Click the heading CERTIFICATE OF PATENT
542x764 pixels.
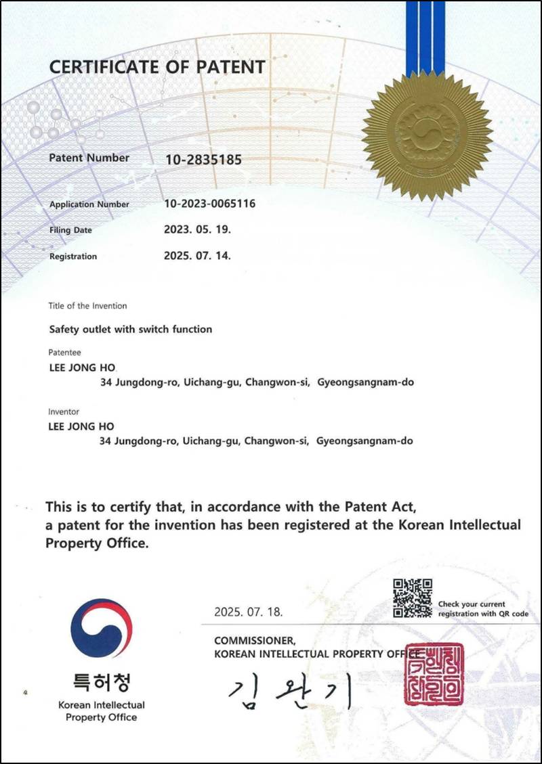point(157,67)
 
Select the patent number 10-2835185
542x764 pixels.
point(203,160)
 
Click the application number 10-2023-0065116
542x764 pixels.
point(210,204)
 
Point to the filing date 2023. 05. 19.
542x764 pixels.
point(198,229)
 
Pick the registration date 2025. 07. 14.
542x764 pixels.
point(198,256)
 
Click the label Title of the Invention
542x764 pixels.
point(87,306)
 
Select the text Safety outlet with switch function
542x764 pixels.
point(131,330)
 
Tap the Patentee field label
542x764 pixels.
point(64,353)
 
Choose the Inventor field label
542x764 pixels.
point(64,411)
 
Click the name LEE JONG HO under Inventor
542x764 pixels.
point(81,427)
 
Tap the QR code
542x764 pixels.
point(413,598)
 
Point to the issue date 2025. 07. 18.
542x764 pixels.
point(249,612)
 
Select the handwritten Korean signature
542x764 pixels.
point(290,692)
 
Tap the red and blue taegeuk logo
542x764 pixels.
point(101,628)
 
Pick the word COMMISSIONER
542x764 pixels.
point(255,640)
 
